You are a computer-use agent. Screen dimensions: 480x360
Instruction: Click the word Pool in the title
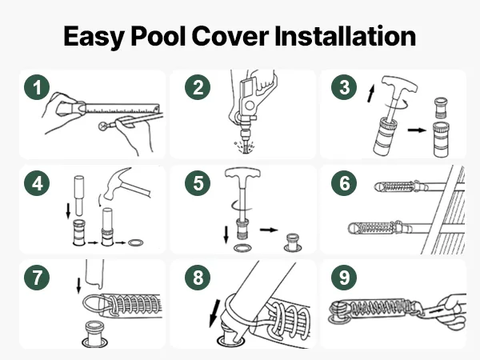[x=158, y=36]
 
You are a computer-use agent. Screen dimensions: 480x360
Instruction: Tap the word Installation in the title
[x=346, y=36]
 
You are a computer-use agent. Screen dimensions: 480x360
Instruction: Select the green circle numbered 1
[x=37, y=87]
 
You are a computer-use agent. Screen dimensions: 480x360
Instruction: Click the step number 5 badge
[x=198, y=183]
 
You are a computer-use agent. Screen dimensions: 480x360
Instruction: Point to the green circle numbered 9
[x=344, y=278]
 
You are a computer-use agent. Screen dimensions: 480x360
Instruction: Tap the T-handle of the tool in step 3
[x=399, y=85]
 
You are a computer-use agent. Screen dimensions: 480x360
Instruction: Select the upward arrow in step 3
[x=371, y=94]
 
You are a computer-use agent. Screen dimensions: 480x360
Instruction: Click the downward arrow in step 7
[x=78, y=286]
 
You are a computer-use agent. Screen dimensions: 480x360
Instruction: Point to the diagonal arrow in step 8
[x=214, y=313]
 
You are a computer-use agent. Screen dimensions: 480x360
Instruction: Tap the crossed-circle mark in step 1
[x=103, y=126]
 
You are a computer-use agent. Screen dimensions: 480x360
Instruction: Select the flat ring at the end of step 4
[x=136, y=243]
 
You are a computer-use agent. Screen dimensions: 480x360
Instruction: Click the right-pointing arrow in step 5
[x=269, y=230]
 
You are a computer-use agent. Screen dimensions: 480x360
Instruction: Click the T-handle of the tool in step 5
[x=242, y=174]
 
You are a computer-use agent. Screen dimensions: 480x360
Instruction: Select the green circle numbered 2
[x=198, y=87]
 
